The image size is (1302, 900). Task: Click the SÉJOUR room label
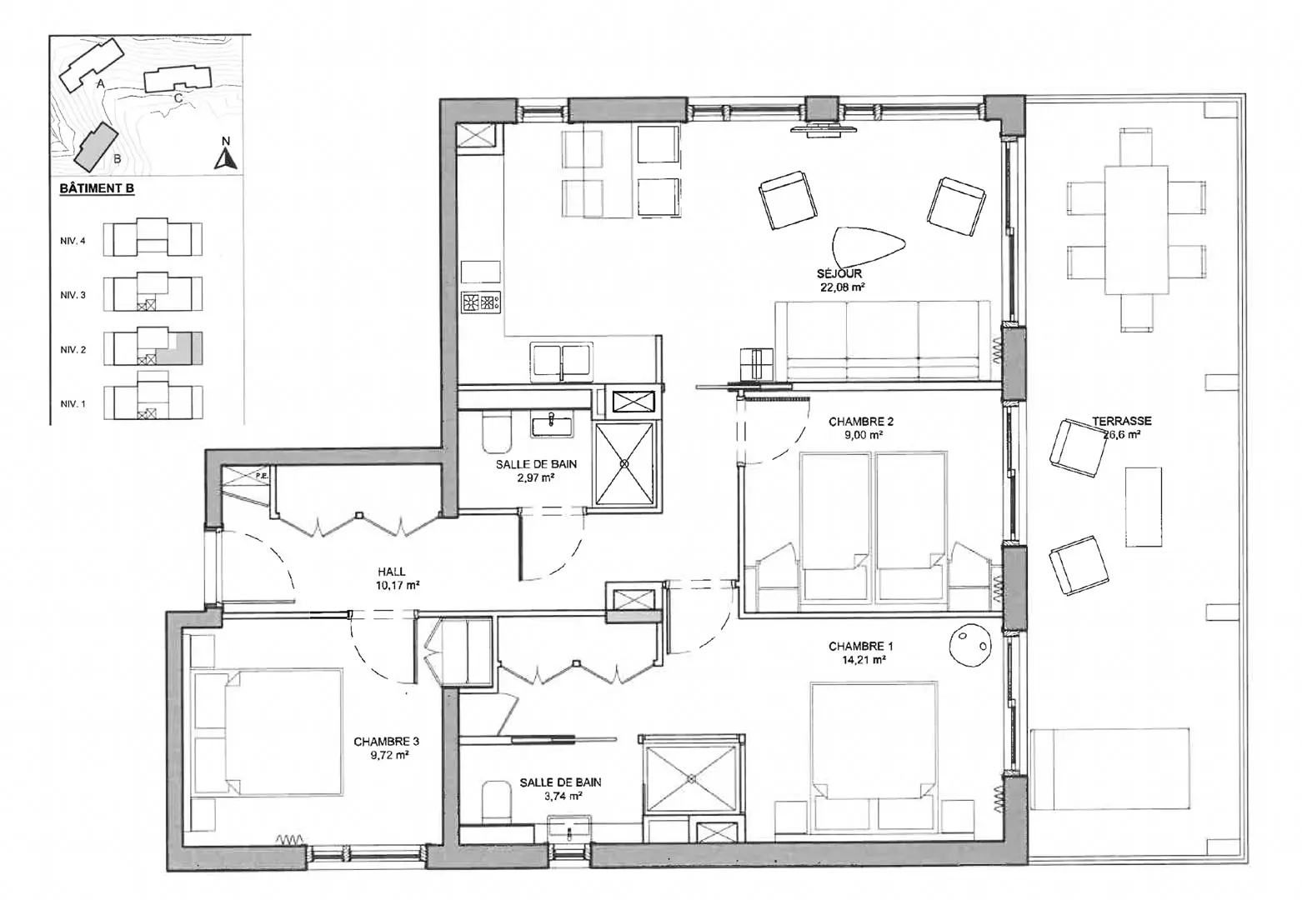[839, 273]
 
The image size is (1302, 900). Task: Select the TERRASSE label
[1121, 421]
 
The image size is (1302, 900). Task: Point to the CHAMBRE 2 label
[861, 422]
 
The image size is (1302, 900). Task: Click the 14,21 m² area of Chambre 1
[864, 659]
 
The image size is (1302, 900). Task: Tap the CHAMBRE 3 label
[386, 742]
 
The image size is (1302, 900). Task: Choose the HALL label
[391, 572]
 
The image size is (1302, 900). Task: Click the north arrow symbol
[226, 158]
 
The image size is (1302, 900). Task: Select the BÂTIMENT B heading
[97, 189]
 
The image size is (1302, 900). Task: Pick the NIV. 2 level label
[73, 350]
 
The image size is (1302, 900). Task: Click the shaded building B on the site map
[97, 147]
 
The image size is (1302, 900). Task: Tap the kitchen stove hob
[481, 302]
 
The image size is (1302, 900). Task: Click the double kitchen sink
[562, 361]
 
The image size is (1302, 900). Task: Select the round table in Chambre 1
[969, 643]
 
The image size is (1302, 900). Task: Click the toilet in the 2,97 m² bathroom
[497, 433]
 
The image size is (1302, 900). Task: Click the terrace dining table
[1136, 230]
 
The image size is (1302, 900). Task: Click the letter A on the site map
[101, 84]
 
